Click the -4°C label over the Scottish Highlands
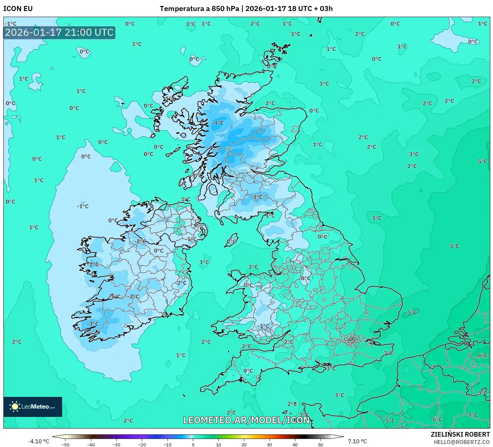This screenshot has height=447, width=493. point(218,123)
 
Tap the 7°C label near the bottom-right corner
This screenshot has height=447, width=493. point(473,415)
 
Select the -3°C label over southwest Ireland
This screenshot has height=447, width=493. point(93,324)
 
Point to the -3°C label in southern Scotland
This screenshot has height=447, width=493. point(257,197)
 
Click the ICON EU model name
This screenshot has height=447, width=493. point(18,9)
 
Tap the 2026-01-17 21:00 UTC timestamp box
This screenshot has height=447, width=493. point(59,33)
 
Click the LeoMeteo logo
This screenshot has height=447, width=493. point(33,407)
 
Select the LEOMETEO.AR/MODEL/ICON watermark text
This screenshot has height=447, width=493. point(247,420)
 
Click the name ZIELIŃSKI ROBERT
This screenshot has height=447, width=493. point(460,434)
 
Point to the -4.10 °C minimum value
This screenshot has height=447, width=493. point(38,441)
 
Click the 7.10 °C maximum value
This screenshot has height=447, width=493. point(357,441)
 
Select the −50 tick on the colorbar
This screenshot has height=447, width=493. point(66,445)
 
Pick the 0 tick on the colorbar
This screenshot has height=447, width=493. point(193,445)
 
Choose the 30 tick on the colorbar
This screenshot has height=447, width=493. point(269,445)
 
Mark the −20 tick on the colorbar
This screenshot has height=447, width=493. point(142,445)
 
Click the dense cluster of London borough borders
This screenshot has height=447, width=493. point(352,341)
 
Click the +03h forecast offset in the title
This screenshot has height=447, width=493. point(324,9)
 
